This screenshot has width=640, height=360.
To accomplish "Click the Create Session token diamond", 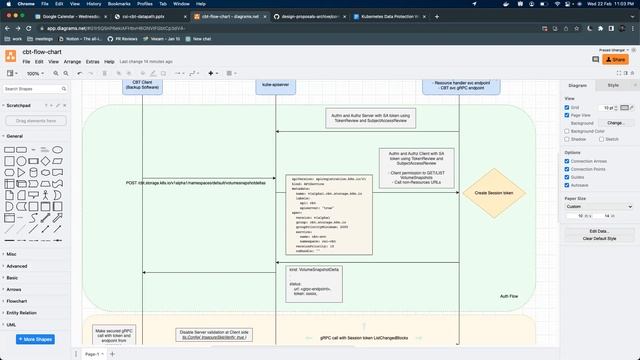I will click(494, 192).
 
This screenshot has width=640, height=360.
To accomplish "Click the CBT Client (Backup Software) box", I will click(148, 86).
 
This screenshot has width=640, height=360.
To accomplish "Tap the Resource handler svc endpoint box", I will click(460, 86).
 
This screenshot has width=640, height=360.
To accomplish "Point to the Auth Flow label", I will click(509, 297).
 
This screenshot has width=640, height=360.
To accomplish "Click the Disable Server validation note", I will click(215, 334).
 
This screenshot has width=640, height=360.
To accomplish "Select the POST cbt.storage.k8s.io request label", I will click(195, 183).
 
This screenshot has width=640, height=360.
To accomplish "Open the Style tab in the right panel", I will click(613, 86).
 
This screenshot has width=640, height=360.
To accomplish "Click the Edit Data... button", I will click(598, 231).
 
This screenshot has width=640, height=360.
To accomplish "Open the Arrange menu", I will click(72, 61).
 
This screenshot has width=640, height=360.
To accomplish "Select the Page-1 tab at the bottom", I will click(93, 354).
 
